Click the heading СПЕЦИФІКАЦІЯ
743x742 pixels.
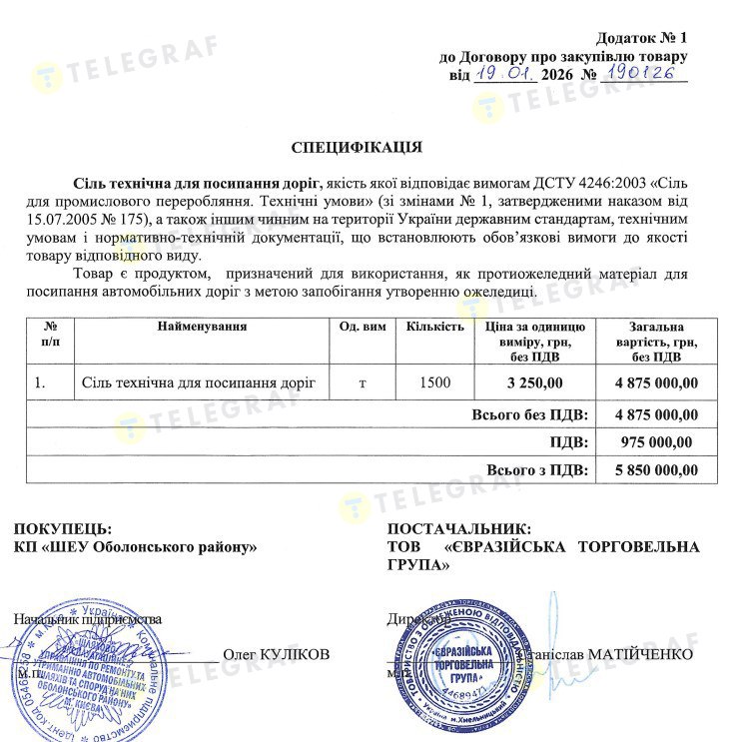(357, 148)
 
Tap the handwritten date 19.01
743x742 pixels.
(505, 74)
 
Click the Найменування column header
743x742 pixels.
(202, 327)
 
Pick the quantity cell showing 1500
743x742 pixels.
(434, 382)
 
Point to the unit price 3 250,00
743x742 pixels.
(534, 382)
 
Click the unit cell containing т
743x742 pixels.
(362, 382)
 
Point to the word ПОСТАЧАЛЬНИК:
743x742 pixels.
(459, 528)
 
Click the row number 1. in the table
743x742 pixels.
(40, 382)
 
